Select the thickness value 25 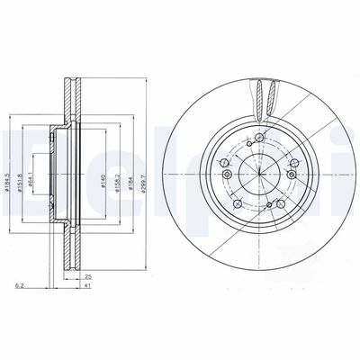pos(88,276)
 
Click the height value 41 pos(88,287)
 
